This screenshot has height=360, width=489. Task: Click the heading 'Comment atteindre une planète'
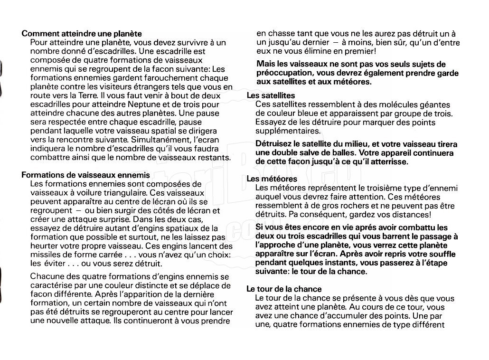pyautogui.click(x=82, y=34)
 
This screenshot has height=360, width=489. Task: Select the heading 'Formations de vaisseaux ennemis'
pyautogui.click(x=85, y=175)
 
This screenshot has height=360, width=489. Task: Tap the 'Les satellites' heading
pyautogui.click(x=271, y=95)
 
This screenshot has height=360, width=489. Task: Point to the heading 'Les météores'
pyautogui.click(x=272, y=179)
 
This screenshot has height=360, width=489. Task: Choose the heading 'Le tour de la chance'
pyautogui.click(x=284, y=289)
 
